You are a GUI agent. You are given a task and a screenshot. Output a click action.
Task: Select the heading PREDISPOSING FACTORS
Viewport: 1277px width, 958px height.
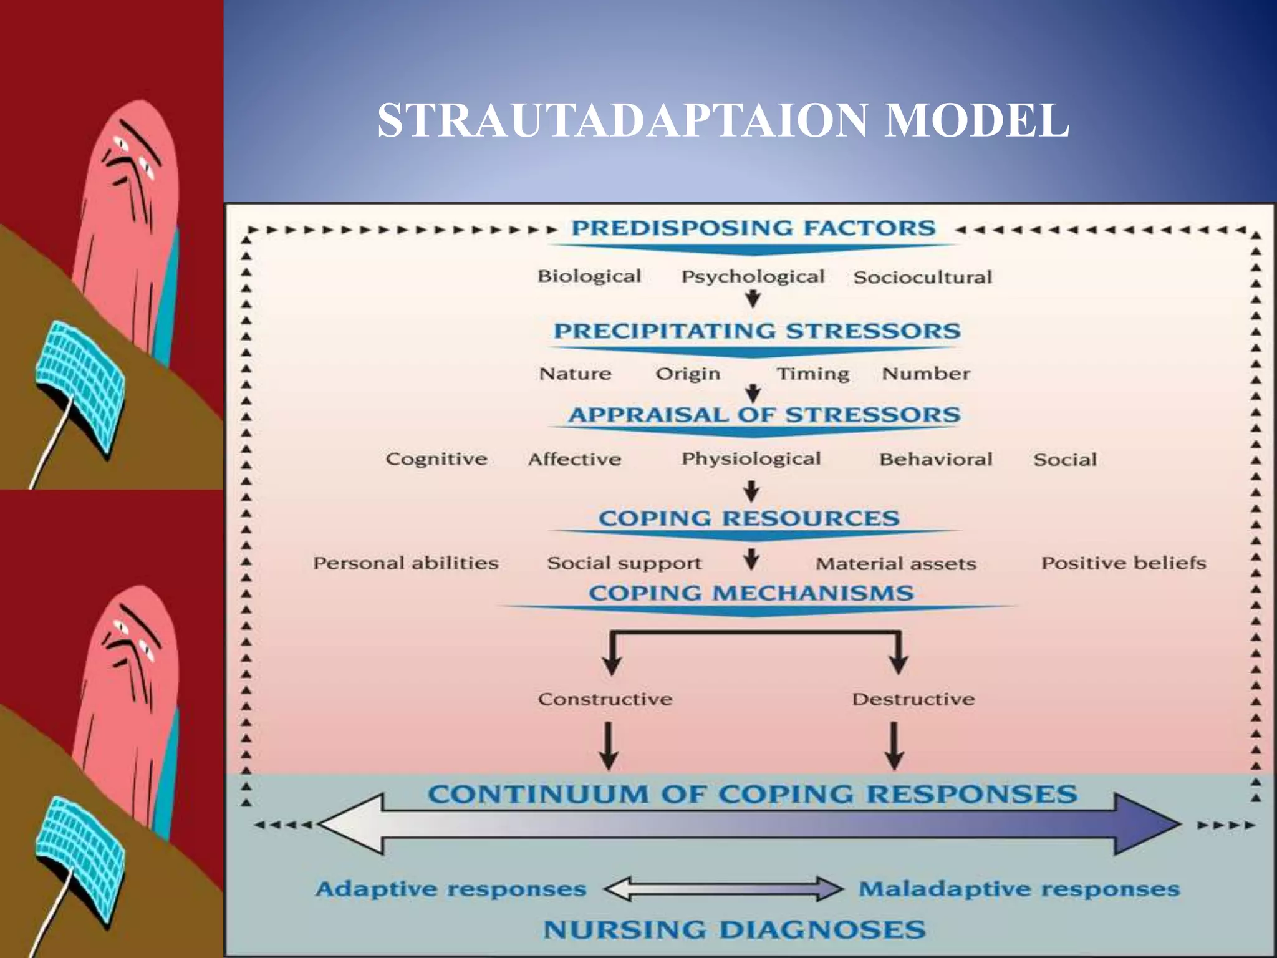753,228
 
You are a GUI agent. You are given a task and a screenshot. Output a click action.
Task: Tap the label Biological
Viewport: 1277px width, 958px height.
589,276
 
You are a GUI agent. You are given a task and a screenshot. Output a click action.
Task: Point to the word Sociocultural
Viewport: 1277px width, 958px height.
922,278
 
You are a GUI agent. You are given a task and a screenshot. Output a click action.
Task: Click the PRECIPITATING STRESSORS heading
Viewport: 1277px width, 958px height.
757,331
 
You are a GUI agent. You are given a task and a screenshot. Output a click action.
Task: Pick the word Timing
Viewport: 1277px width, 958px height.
812,374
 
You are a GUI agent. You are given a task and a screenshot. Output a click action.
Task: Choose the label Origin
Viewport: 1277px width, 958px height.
688,374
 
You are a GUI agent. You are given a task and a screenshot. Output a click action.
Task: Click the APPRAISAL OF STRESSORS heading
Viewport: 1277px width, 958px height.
764,415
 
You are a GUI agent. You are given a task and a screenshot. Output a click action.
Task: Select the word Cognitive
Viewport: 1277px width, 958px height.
436,459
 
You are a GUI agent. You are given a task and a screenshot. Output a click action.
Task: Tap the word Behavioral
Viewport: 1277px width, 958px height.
935,460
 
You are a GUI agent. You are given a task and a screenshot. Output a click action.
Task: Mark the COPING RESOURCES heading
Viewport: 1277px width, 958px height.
749,518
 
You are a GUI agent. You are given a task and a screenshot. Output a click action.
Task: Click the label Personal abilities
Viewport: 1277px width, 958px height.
406,563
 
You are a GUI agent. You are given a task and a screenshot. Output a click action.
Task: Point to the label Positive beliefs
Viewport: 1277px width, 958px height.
1124,563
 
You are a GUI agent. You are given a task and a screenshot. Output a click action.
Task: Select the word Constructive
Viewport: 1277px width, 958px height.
605,699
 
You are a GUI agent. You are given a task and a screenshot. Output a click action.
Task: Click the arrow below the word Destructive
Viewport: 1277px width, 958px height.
894,745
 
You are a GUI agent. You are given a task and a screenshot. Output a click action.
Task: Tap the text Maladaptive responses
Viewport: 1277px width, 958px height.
1019,889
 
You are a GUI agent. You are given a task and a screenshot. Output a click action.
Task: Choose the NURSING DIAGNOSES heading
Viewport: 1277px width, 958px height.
735,930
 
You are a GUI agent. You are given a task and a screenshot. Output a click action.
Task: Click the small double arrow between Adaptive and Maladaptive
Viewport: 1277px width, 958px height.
723,889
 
